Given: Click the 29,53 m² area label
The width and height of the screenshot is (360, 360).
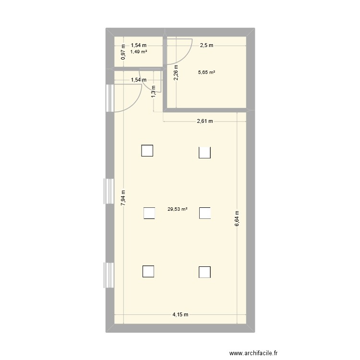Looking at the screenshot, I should [177, 209].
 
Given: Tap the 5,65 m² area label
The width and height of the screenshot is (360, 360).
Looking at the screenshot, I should [206, 72].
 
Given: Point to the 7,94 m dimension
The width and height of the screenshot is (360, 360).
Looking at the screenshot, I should [123, 197].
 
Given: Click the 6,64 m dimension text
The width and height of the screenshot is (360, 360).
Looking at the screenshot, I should [237, 219].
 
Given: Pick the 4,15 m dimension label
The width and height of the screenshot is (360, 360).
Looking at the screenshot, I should [180, 315].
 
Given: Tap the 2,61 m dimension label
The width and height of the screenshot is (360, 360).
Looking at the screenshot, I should [205, 121].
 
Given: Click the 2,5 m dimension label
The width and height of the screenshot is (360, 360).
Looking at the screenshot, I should [206, 45].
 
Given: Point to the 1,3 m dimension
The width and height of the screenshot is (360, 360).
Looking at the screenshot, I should [153, 92].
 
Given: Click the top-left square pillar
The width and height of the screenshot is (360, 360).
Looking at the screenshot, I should [147, 151].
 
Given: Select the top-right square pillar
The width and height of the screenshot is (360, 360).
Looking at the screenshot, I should [205, 152].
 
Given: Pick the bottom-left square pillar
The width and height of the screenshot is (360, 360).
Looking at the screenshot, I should [148, 272].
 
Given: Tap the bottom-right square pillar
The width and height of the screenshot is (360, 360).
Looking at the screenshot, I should [205, 272].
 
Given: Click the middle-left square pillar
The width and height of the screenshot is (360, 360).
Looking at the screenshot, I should [149, 212].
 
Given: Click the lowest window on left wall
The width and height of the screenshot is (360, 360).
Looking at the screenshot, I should [109, 276].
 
